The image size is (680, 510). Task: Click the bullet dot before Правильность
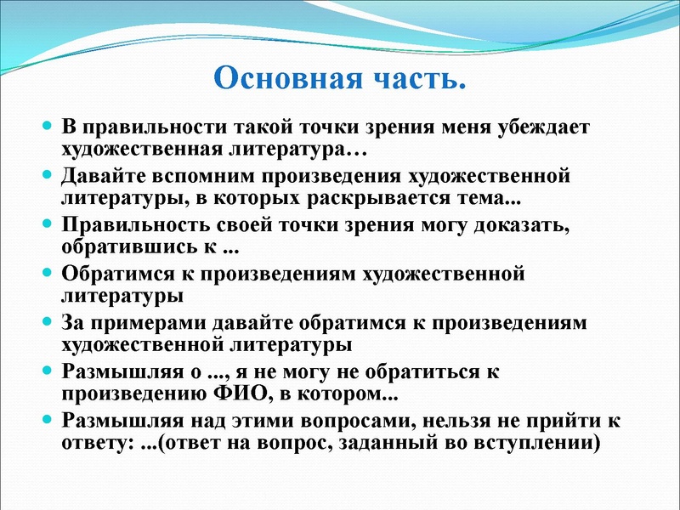49,225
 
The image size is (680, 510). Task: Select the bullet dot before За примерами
49,323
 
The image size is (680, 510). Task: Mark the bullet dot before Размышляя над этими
49,420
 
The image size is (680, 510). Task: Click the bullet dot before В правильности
49,127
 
